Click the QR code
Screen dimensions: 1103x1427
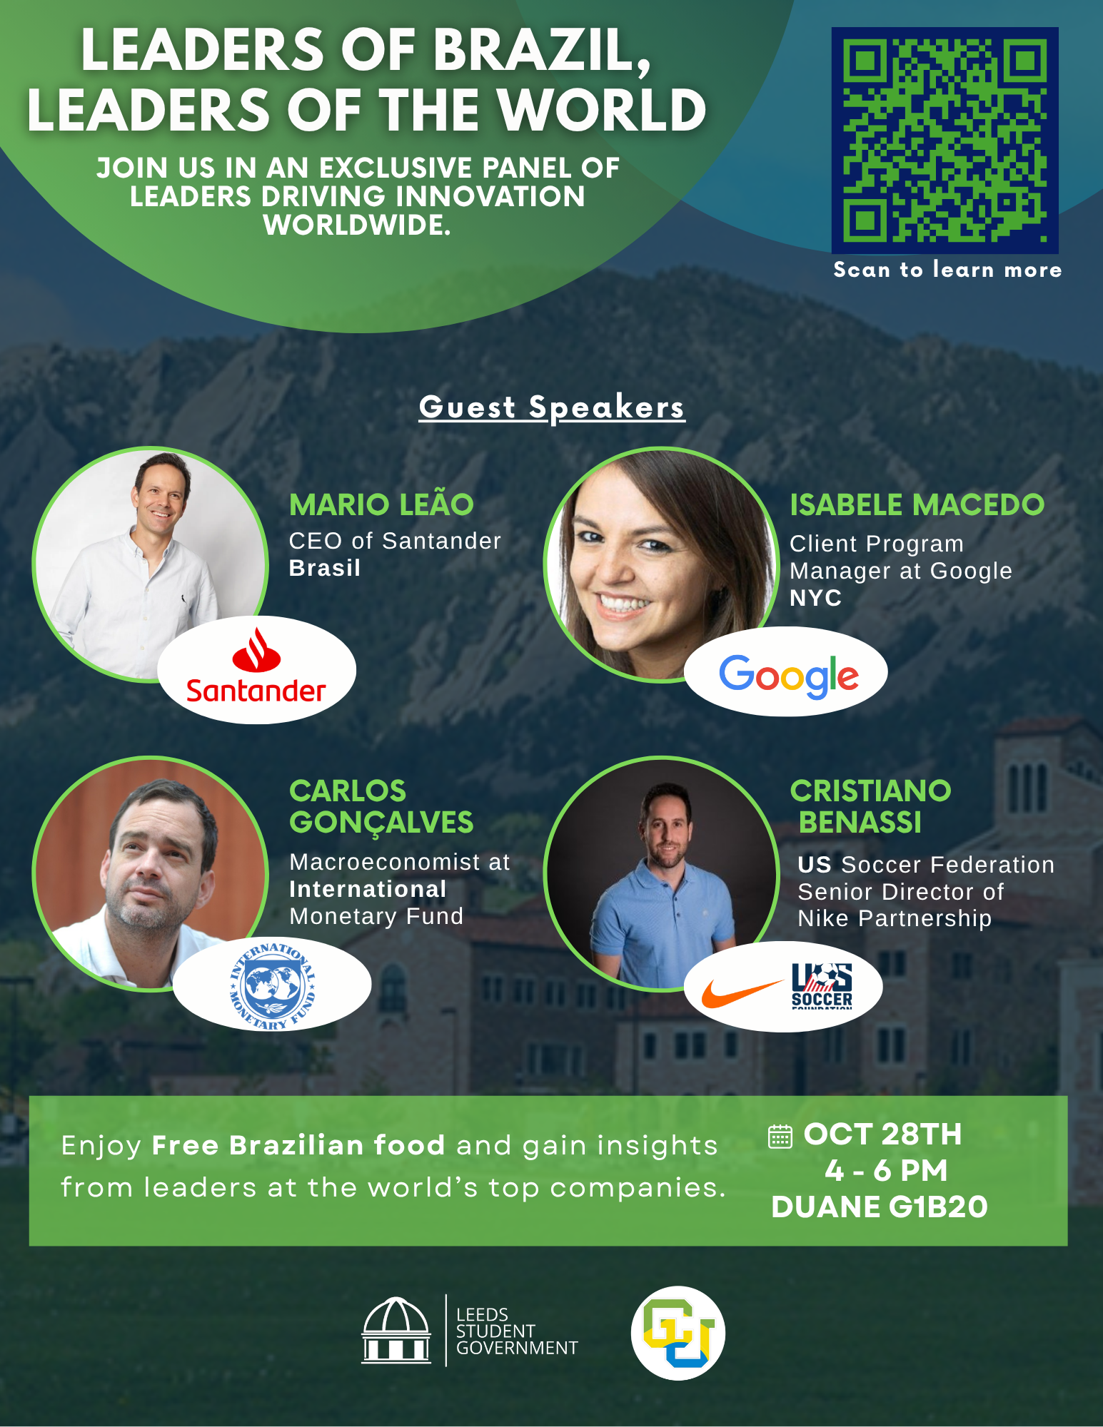[x=945, y=141]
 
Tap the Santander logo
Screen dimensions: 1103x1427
[x=256, y=666]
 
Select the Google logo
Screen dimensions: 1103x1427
[x=788, y=675]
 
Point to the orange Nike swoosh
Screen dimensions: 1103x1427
[x=742, y=992]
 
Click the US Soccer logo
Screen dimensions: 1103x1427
[x=822, y=985]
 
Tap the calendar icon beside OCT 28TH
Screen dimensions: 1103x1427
[x=780, y=1136]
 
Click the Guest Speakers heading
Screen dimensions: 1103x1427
[x=551, y=408]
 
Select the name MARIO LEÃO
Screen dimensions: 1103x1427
[x=381, y=504]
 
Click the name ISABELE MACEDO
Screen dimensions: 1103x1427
[x=917, y=504]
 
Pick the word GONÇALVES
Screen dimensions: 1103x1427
[x=381, y=823]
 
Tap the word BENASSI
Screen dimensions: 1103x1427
[x=860, y=822]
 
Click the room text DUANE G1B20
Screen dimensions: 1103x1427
[x=880, y=1207]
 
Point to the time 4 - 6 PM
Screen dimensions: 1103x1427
[x=886, y=1170]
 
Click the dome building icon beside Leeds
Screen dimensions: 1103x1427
[x=396, y=1330]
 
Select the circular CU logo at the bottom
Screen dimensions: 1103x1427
[x=678, y=1333]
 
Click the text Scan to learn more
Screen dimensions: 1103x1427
[x=947, y=270]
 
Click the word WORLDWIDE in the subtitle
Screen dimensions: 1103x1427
[x=357, y=225]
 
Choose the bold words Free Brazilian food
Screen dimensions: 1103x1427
[x=298, y=1145]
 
